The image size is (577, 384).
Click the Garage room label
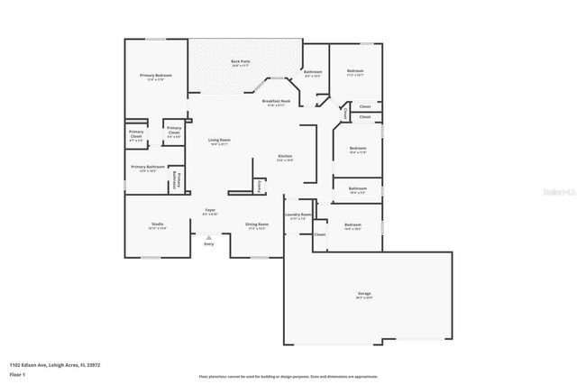pos(364,294)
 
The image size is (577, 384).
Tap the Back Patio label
pos(241,62)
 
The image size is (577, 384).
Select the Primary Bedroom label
pos(155,76)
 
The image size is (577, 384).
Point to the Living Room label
pos(220,141)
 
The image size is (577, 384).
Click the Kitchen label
pos(285,157)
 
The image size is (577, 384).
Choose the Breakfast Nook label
pos(276,102)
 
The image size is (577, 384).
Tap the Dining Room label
pos(257,224)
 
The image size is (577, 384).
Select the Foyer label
pos(209,212)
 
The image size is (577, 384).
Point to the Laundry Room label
pos(298,215)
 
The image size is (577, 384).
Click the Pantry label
pos(260,186)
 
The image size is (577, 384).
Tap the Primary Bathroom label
pos(148,167)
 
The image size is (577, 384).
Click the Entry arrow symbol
pos(209,237)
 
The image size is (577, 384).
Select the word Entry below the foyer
pos(209,244)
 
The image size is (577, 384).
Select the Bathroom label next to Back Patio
pos(313,72)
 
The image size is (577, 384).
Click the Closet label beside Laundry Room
pos(320,234)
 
